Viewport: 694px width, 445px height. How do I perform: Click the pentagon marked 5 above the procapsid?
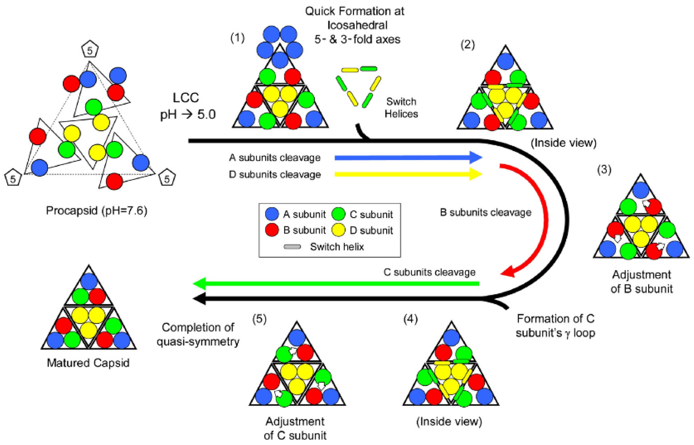[x=90, y=49]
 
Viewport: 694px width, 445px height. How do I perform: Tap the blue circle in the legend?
[x=272, y=214]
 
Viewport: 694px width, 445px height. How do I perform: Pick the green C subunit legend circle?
[x=339, y=214]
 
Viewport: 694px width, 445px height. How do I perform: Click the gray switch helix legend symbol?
[x=292, y=247]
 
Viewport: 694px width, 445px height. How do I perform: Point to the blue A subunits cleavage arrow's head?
[x=476, y=158]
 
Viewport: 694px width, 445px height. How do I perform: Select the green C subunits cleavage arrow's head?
[x=199, y=284]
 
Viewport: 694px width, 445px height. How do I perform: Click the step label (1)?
[x=237, y=38]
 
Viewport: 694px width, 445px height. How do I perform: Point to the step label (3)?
[x=604, y=169]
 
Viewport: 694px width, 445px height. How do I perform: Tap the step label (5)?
[x=259, y=319]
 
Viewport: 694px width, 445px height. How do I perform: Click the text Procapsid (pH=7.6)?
[x=97, y=210]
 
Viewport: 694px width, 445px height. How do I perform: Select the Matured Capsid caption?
[x=88, y=363]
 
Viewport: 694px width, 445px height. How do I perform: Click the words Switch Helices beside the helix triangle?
[x=401, y=108]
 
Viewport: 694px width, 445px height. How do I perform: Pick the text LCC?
[x=186, y=98]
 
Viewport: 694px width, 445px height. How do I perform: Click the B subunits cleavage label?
[x=486, y=212]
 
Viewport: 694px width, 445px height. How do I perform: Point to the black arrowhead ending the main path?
[x=199, y=299]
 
